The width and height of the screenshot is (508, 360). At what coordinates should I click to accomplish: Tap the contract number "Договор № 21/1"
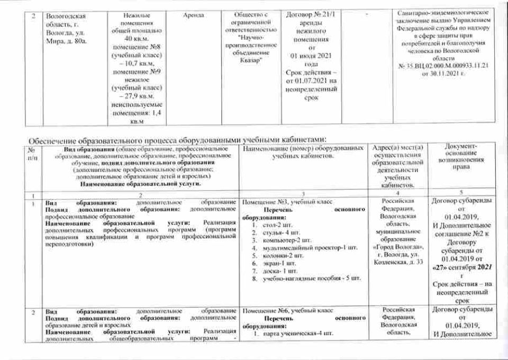click(306, 16)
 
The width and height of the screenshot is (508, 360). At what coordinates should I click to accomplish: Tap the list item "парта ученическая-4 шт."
click(292, 332)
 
